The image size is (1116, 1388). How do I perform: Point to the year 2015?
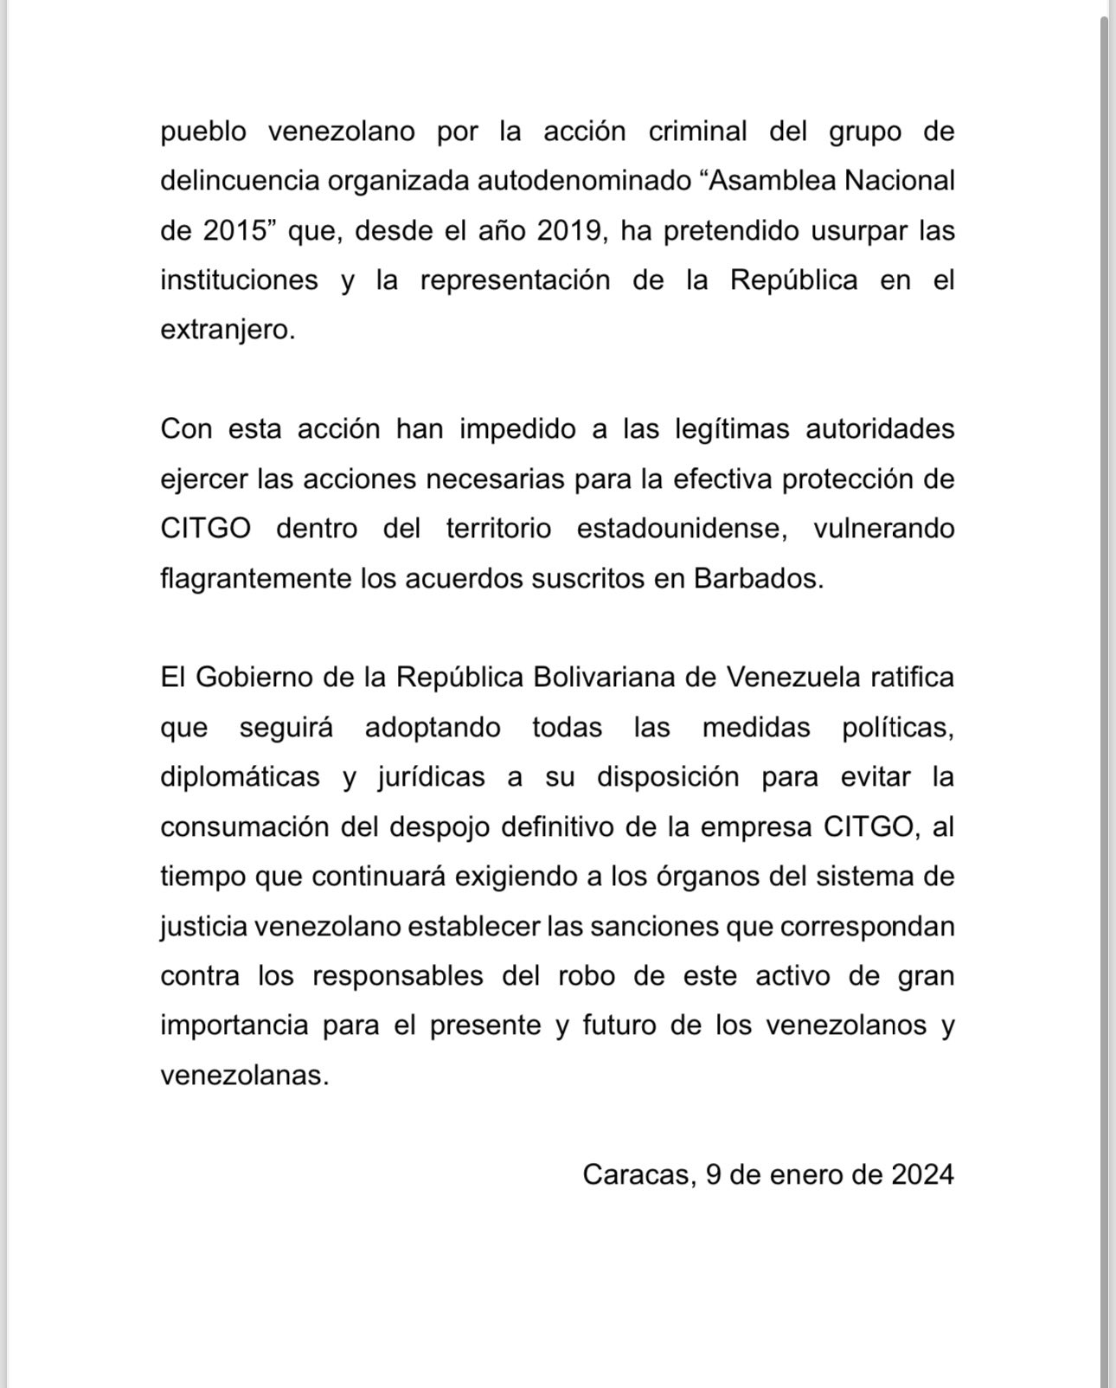click(x=233, y=231)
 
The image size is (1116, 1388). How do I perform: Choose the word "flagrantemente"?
click(x=256, y=578)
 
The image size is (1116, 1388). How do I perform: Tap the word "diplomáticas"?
click(x=240, y=777)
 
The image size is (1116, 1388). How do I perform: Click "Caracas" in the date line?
click(x=636, y=1175)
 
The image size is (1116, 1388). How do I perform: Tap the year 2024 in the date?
click(x=922, y=1175)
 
